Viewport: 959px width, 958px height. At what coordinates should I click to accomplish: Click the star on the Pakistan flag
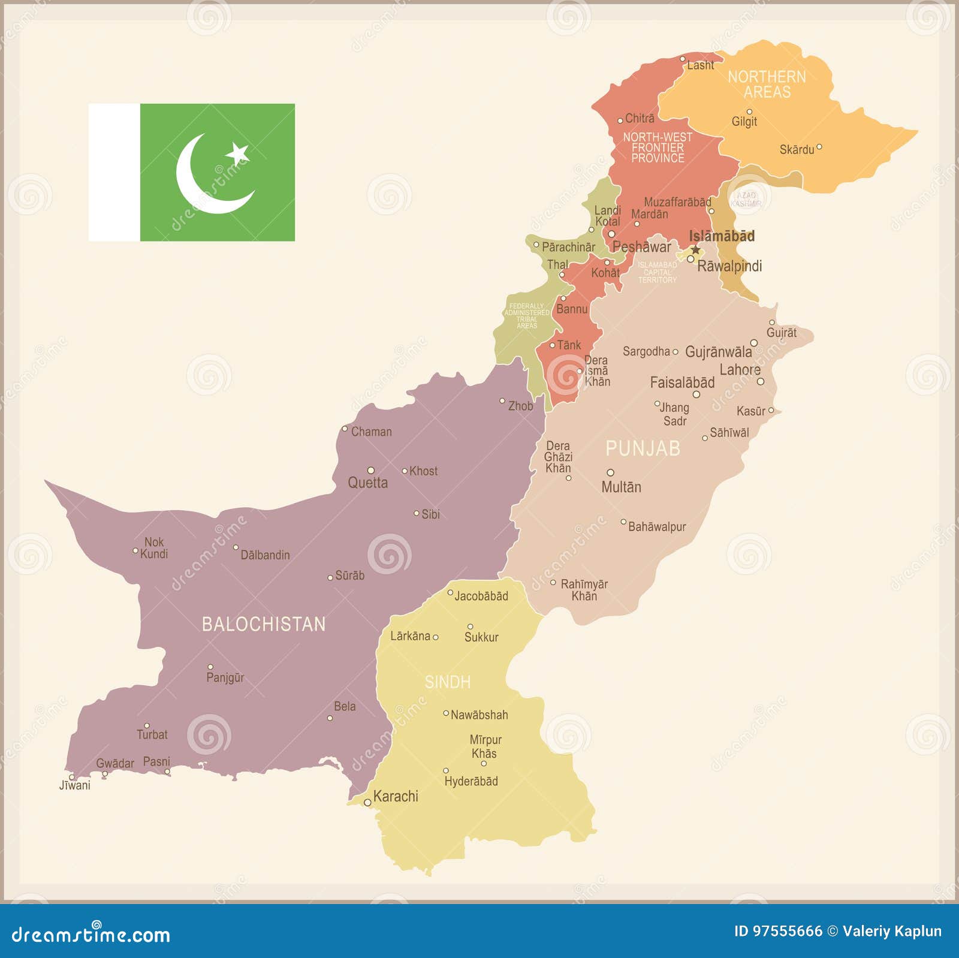click(238, 153)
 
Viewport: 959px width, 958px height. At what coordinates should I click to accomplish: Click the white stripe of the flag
click(114, 172)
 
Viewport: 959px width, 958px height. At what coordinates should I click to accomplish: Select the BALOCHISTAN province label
click(264, 624)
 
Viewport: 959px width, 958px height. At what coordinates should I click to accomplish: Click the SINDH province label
click(448, 682)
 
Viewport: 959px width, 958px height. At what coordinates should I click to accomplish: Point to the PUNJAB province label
click(643, 448)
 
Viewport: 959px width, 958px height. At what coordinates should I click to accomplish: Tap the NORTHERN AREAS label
click(767, 84)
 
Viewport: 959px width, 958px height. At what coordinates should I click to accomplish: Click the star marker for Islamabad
click(695, 249)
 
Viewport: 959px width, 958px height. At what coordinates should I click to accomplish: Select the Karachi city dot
click(367, 802)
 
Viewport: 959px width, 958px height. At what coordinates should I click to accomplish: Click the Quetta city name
click(367, 483)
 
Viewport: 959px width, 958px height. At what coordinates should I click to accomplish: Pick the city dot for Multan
click(610, 472)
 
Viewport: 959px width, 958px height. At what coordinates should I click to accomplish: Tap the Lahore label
click(740, 370)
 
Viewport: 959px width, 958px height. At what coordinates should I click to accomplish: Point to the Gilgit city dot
click(749, 112)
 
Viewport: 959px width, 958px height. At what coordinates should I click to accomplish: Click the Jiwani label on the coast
click(75, 785)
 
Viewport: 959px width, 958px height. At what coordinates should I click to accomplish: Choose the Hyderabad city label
click(471, 781)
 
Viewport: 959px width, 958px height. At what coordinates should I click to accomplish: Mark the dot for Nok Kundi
click(135, 550)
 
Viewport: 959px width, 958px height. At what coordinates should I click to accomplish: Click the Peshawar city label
click(641, 246)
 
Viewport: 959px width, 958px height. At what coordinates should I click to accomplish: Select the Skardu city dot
click(819, 147)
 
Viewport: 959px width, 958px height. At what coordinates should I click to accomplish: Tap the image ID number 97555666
click(787, 931)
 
